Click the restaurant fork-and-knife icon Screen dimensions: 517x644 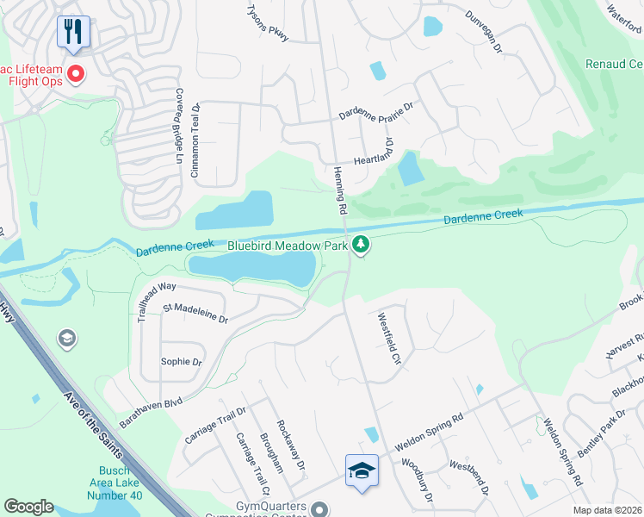[74, 32]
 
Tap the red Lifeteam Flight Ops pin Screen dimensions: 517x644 [75, 74]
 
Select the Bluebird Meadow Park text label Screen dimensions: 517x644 [288, 246]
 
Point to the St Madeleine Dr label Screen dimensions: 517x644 [195, 314]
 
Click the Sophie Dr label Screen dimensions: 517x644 [181, 362]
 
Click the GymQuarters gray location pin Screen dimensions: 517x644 [320, 508]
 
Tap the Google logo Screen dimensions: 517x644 [28, 507]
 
